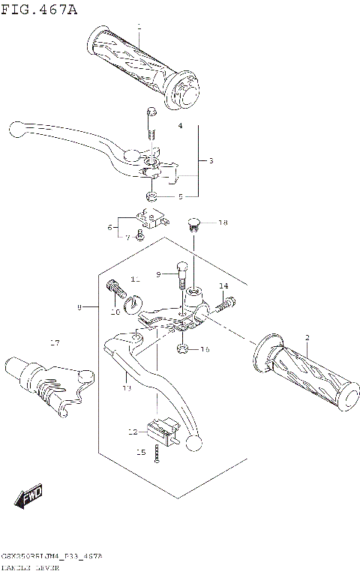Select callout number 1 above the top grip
tap(139, 28)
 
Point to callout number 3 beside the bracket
tap(211, 161)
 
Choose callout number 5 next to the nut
tap(180, 197)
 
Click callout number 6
tap(109, 228)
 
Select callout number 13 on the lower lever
tap(127, 388)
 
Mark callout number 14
tap(223, 286)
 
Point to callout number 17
tap(54, 343)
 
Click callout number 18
tap(223, 223)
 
